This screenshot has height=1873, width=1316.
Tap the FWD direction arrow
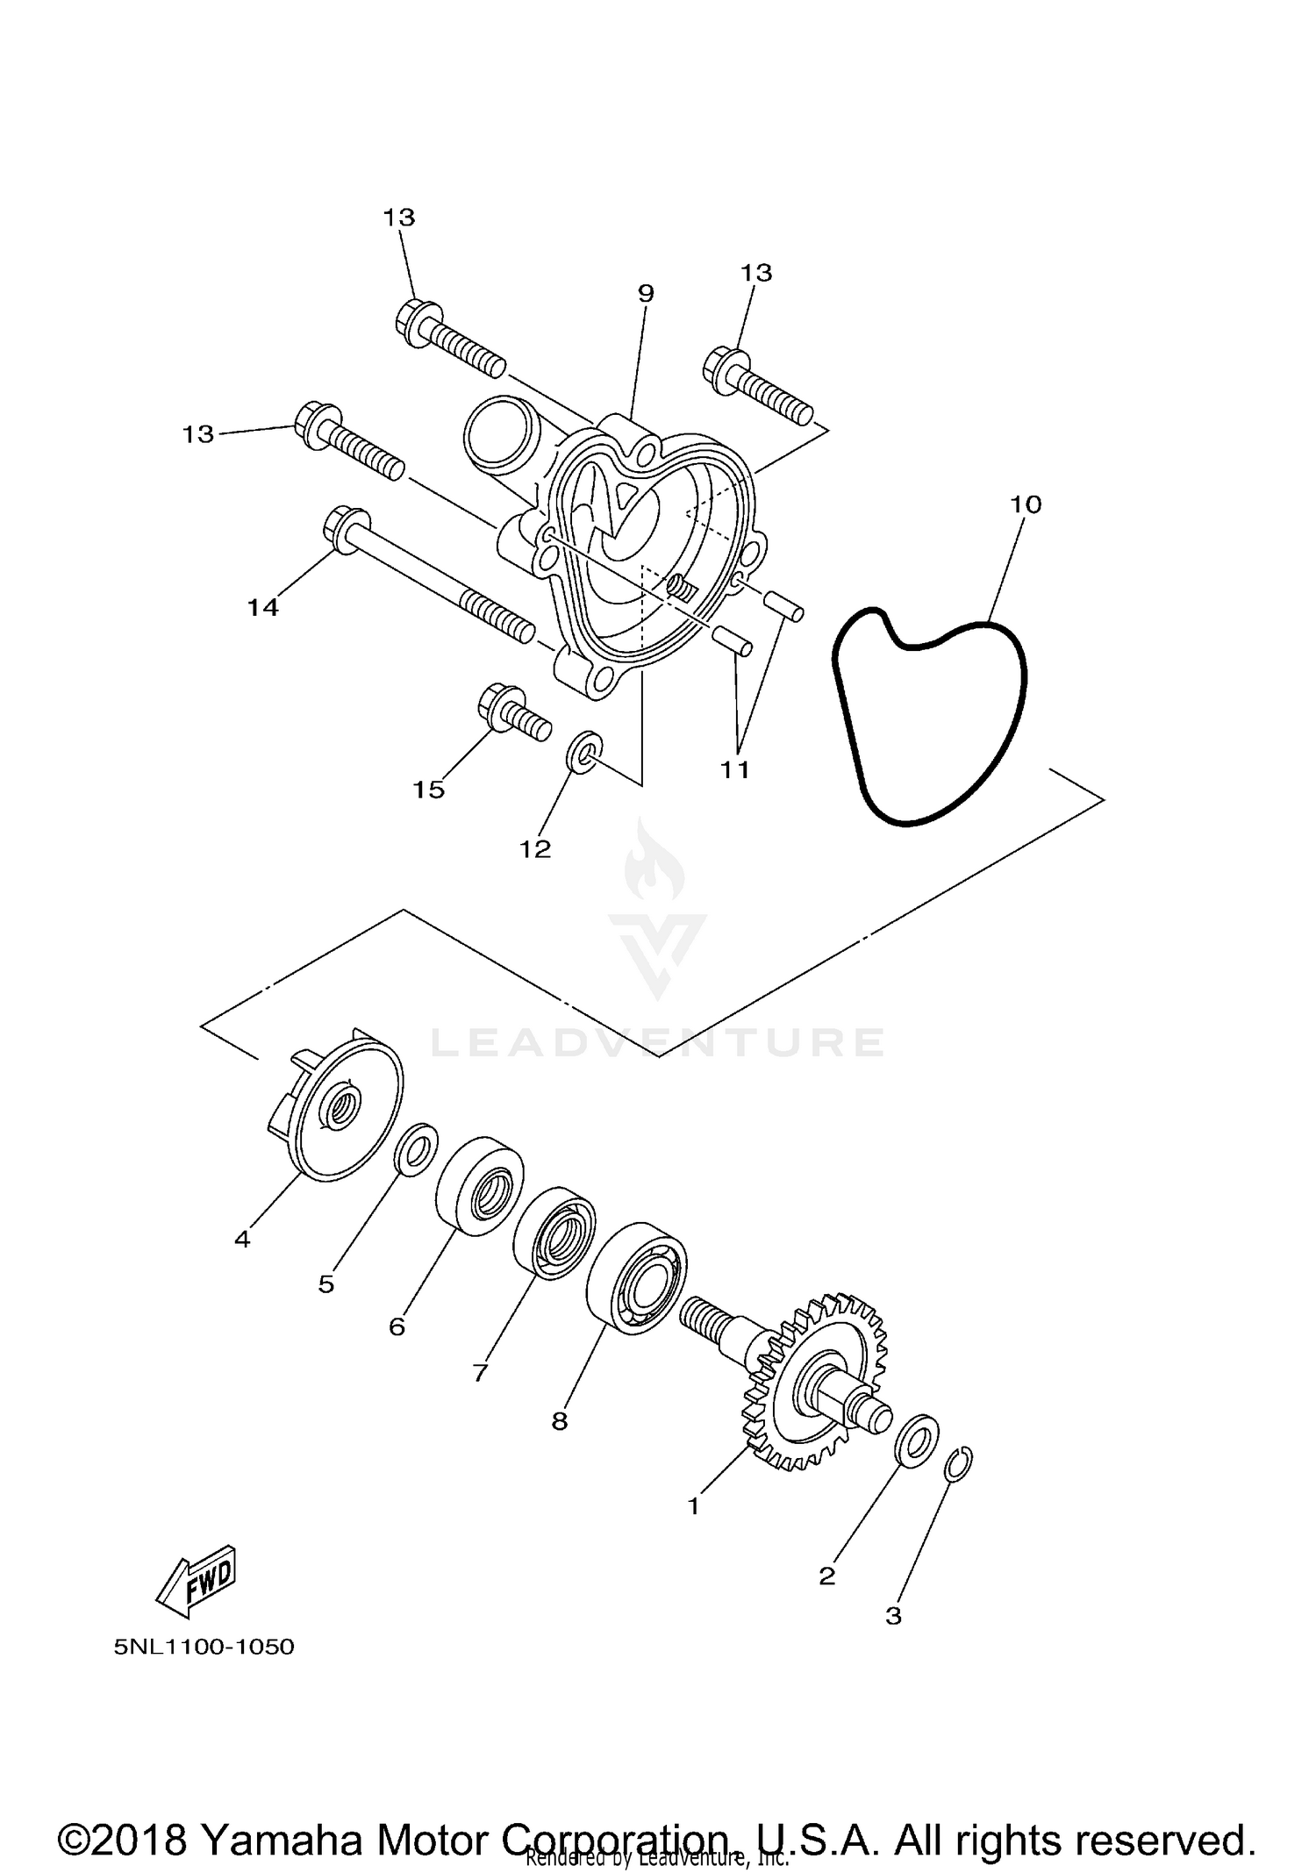pos(197,1580)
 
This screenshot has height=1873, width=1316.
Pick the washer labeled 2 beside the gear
pos(917,1439)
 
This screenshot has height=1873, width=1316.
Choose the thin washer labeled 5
pos(418,1147)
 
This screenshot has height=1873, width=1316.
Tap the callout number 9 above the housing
pos(646,293)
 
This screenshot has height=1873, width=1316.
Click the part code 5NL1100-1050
pos(204,1647)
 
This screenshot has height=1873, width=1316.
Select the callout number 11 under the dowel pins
pos(735,769)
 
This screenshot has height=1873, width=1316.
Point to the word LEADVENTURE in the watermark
pos(657,1042)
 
